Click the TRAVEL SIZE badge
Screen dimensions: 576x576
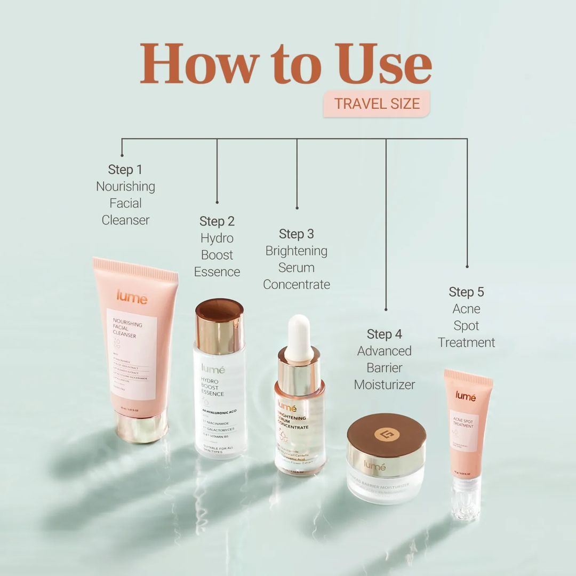pos(377,103)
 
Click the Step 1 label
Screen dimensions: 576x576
pos(125,170)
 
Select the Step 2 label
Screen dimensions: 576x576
pos(217,221)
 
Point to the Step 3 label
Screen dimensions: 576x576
pos(297,234)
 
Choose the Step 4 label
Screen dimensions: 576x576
pos(385,334)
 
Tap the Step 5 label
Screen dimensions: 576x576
pos(467,292)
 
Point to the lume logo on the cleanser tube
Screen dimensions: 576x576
pos(131,297)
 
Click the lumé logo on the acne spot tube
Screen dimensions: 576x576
pos(466,395)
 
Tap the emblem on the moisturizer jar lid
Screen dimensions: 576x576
pos(387,434)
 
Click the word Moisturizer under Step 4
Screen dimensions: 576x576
pos(385,385)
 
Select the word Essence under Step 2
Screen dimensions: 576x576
pos(217,272)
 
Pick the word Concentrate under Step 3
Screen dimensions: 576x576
pos(297,285)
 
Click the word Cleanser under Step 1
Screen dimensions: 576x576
pos(126,220)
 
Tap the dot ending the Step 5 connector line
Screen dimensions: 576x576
pos(467,266)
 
